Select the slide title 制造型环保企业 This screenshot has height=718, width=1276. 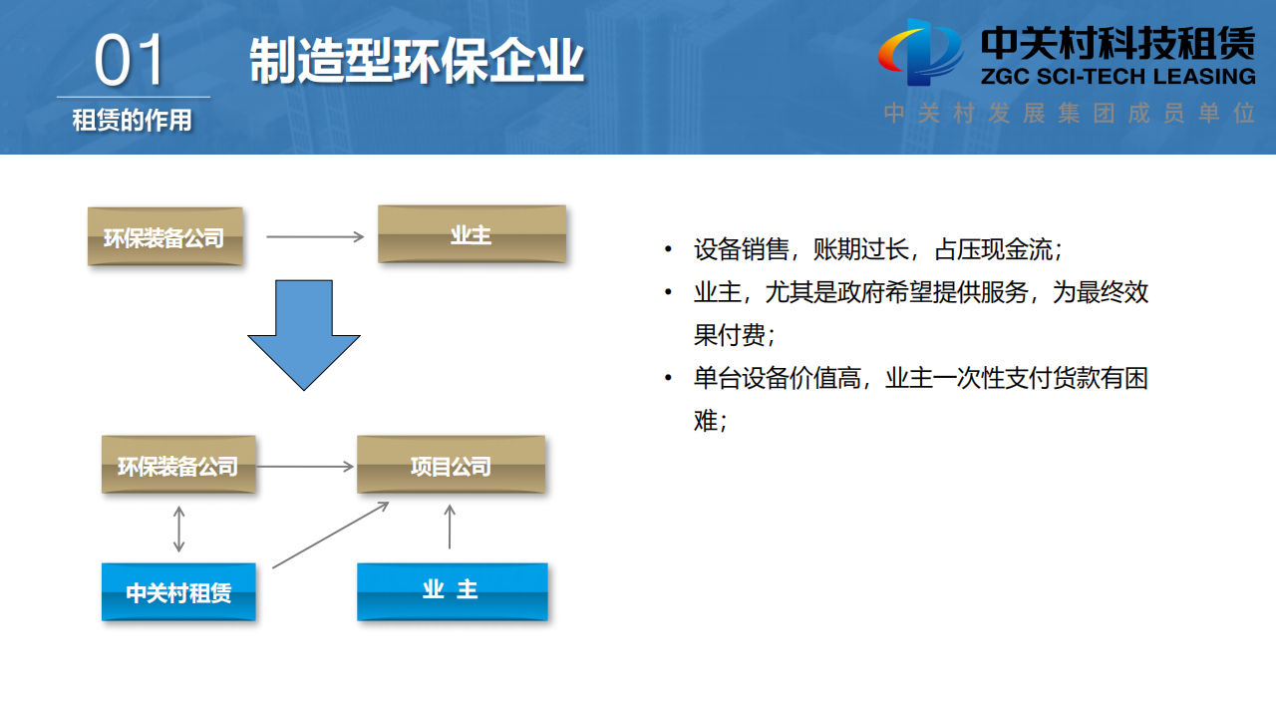(x=416, y=61)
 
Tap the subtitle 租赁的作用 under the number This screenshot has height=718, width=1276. (x=132, y=121)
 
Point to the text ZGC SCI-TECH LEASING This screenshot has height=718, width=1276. (x=1117, y=77)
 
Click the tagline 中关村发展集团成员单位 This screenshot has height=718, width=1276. (x=1069, y=113)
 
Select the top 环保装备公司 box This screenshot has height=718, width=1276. (x=164, y=237)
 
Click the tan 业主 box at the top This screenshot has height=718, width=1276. (x=472, y=234)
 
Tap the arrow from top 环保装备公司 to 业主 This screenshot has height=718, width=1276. (x=315, y=237)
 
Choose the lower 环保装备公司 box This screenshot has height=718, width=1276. (x=178, y=465)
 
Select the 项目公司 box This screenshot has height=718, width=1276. (x=451, y=465)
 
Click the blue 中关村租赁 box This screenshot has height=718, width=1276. (x=178, y=592)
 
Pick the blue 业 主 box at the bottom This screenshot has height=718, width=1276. (x=452, y=590)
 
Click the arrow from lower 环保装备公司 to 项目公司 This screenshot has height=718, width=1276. (x=305, y=466)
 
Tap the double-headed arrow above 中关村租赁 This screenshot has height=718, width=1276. (x=179, y=529)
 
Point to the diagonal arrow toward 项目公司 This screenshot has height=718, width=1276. (x=329, y=536)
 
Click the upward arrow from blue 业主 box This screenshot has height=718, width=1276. (x=450, y=527)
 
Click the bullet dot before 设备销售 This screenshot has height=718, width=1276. (x=667, y=249)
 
